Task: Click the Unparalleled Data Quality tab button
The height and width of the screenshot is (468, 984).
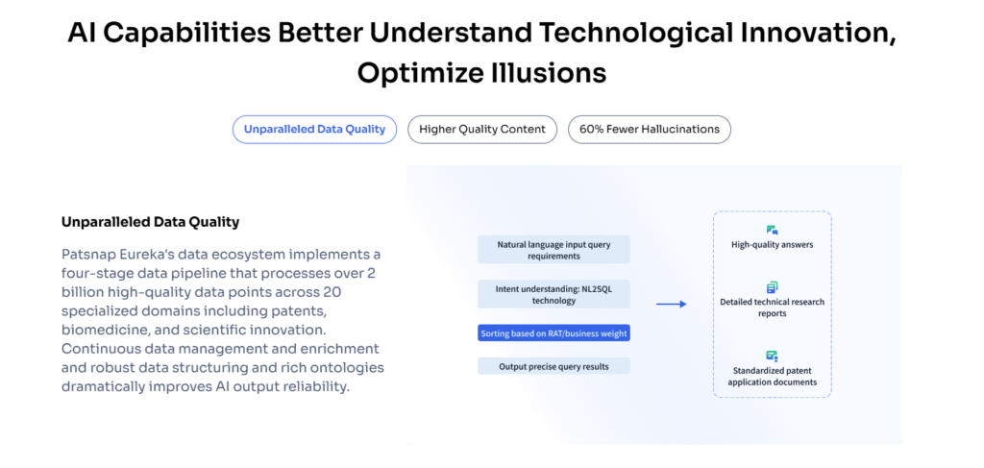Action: pyautogui.click(x=314, y=129)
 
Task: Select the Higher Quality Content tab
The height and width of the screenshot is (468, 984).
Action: pyautogui.click(x=482, y=129)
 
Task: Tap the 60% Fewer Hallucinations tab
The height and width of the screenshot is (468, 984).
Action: pyautogui.click(x=650, y=129)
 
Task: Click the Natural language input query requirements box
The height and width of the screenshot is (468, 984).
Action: pyautogui.click(x=553, y=250)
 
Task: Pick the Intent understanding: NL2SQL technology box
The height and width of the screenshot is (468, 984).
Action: pyautogui.click(x=553, y=294)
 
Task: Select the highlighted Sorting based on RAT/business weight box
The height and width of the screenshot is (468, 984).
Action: pyautogui.click(x=553, y=333)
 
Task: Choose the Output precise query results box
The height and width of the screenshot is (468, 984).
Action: pyautogui.click(x=553, y=366)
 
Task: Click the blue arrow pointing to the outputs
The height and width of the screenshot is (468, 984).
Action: pyautogui.click(x=672, y=305)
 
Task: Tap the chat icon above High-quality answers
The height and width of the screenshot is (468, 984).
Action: pyautogui.click(x=772, y=231)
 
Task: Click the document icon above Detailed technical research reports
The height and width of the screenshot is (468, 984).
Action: pyautogui.click(x=772, y=287)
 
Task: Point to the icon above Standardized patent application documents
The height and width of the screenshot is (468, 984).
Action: pyautogui.click(x=772, y=356)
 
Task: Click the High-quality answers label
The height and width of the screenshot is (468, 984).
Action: pyautogui.click(x=772, y=245)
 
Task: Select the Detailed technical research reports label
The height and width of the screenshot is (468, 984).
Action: pyautogui.click(x=772, y=308)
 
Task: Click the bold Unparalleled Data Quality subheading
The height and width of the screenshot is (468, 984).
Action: pyautogui.click(x=151, y=222)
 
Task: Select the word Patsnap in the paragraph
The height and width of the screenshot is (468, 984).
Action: pyautogui.click(x=87, y=255)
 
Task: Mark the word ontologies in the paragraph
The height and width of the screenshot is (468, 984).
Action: pyautogui.click(x=350, y=367)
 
